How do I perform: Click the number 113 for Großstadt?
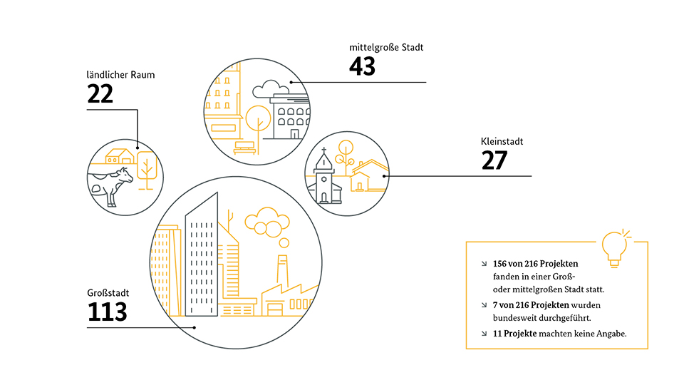(108, 312)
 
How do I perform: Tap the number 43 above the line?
(362, 66)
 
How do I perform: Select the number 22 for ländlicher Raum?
(100, 94)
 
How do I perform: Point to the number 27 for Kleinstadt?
(494, 160)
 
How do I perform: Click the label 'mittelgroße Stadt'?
(386, 47)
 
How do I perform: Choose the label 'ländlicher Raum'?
(120, 75)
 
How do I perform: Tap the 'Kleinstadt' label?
(502, 141)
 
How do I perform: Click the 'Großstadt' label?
(108, 292)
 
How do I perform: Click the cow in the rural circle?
(111, 185)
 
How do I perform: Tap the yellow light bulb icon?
(615, 247)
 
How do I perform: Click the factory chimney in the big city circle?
(282, 269)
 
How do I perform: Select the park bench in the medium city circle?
(244, 148)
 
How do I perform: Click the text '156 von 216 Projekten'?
(535, 264)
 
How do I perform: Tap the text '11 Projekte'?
(514, 334)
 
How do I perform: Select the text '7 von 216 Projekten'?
(531, 304)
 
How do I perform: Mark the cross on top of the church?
(324, 151)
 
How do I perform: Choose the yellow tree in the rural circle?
(147, 170)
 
